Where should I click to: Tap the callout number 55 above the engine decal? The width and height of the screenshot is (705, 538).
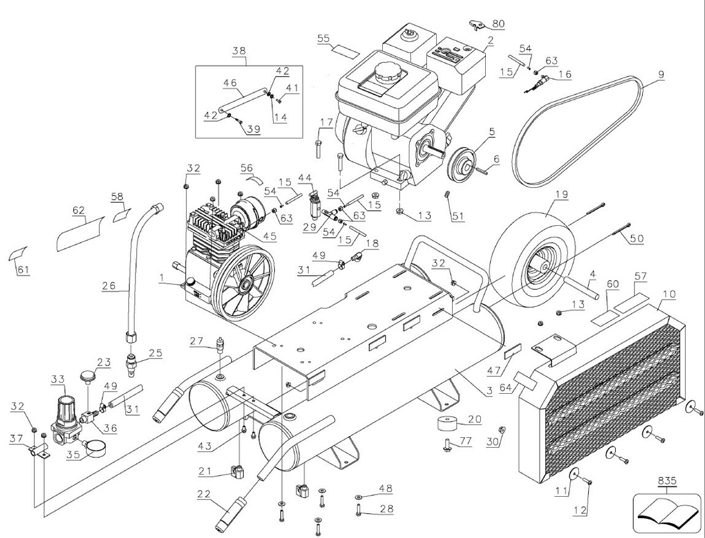pos(323,38)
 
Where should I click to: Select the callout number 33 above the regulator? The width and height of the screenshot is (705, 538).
pos(58,379)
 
